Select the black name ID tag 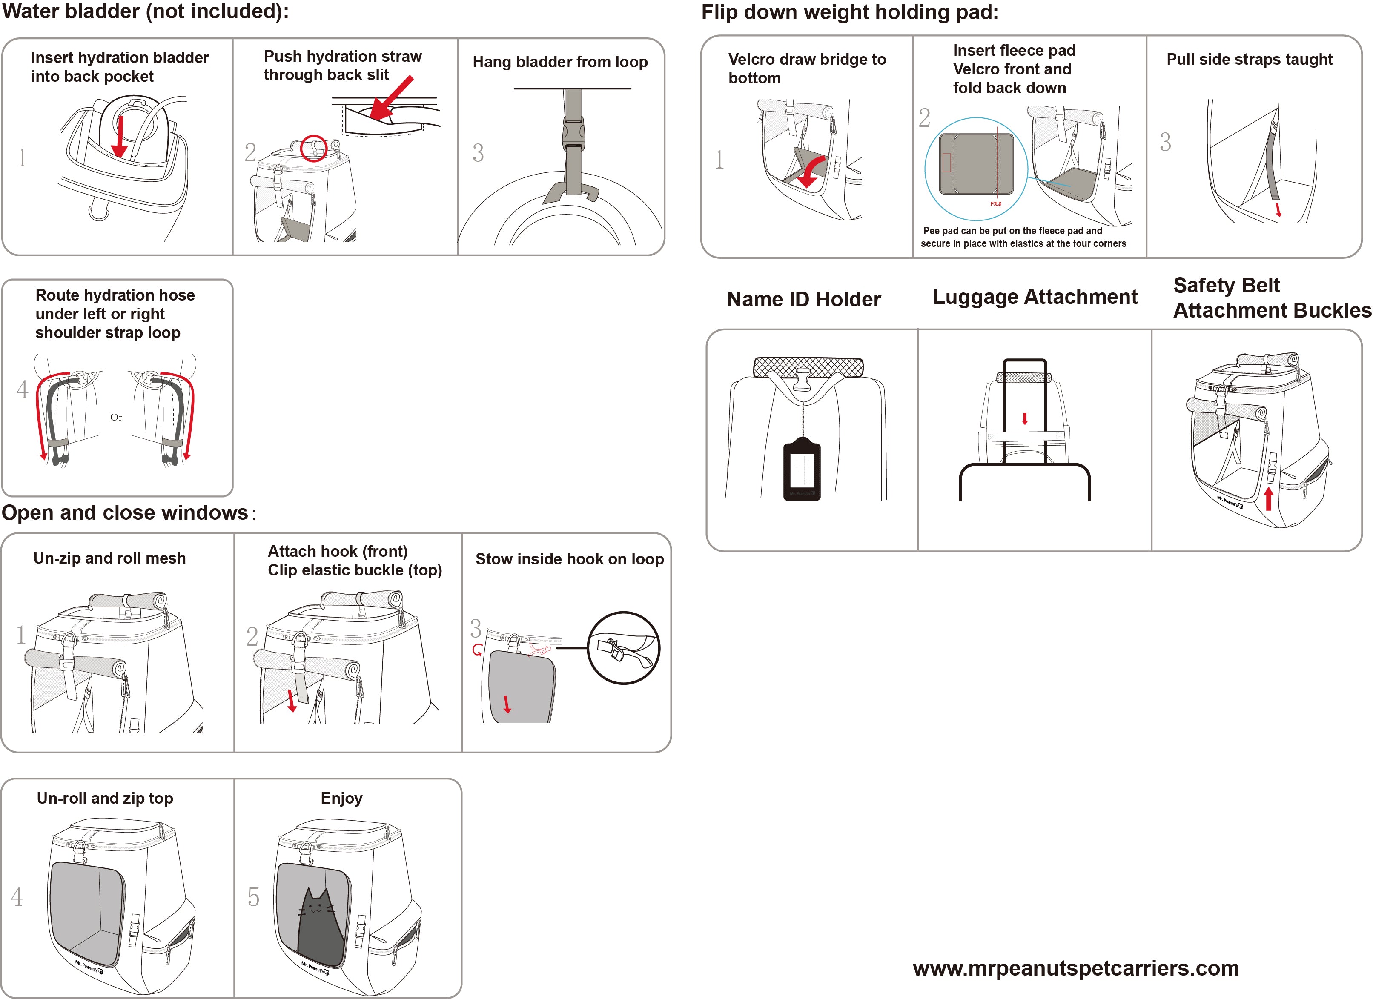click(x=802, y=469)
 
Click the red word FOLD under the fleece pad click(x=996, y=204)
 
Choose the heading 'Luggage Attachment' click(x=1035, y=297)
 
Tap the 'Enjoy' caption click(x=341, y=798)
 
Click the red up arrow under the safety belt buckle click(x=1269, y=499)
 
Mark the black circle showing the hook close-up click(x=624, y=647)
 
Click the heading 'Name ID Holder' click(x=803, y=300)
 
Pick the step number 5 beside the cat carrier click(x=254, y=897)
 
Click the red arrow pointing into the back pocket click(x=120, y=136)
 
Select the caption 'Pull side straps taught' click(x=1250, y=59)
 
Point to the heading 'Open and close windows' click(x=125, y=512)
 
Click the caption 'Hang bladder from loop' click(x=560, y=62)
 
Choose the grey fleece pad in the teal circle click(x=976, y=163)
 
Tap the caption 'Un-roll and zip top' click(x=105, y=798)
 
